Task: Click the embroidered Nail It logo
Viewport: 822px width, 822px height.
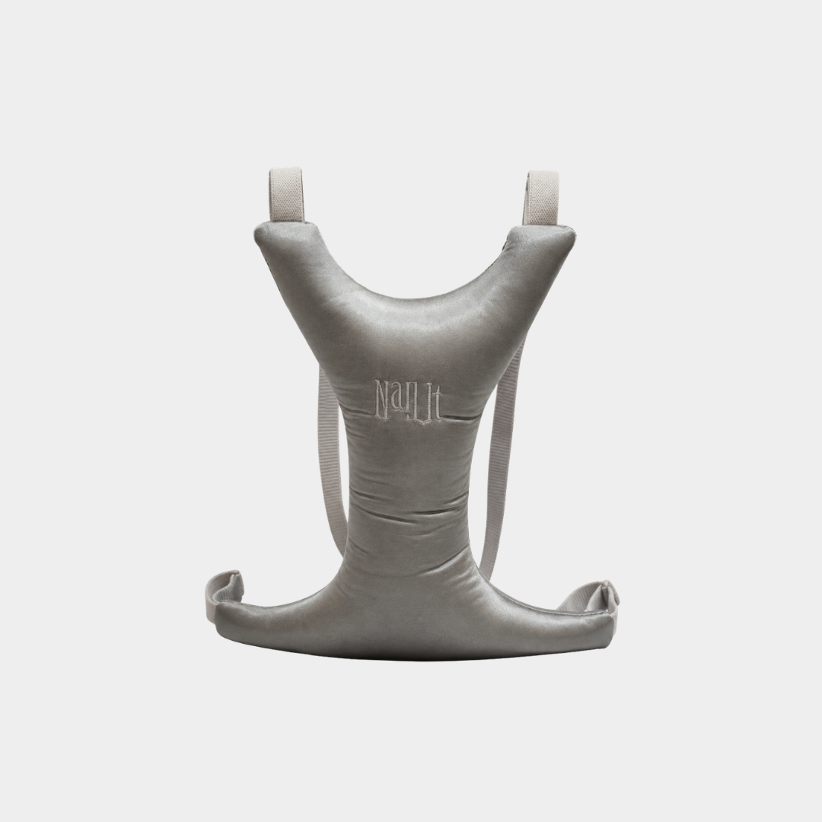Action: tap(408, 400)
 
